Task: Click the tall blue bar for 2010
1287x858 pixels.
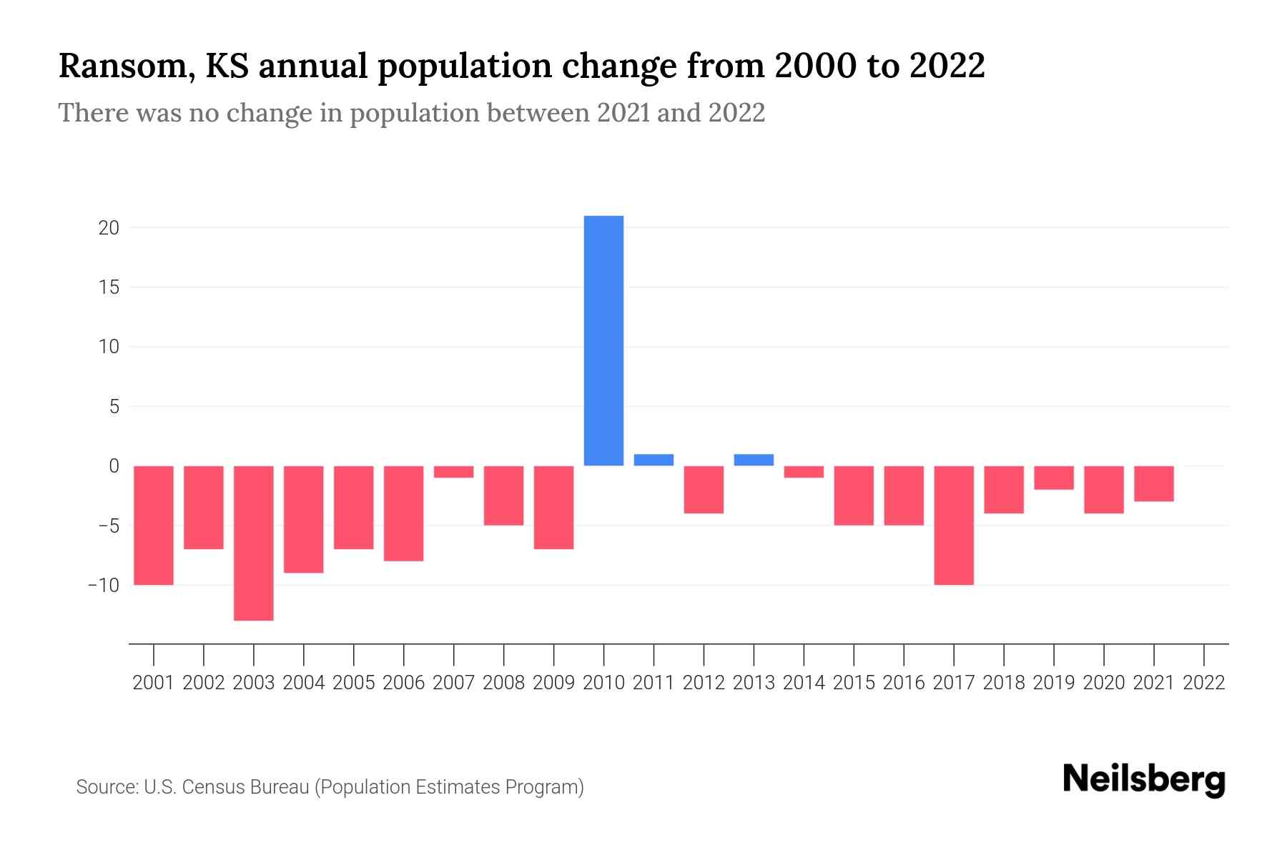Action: click(603, 340)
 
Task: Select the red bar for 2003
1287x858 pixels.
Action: click(254, 543)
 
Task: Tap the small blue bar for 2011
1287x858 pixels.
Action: click(654, 460)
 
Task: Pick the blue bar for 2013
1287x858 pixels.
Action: click(754, 460)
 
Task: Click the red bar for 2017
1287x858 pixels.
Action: click(954, 526)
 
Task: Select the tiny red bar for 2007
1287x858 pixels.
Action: click(453, 472)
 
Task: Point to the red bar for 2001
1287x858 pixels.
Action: click(154, 526)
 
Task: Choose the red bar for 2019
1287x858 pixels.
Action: click(1054, 478)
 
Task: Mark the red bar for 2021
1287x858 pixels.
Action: click(1153, 484)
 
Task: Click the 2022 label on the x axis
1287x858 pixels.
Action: click(1204, 683)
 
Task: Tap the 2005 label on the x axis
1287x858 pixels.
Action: click(354, 683)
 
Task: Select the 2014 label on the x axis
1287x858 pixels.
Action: click(804, 683)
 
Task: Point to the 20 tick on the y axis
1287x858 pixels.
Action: click(109, 228)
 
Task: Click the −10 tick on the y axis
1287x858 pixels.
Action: click(104, 585)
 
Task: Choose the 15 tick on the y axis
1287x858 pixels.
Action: click(109, 287)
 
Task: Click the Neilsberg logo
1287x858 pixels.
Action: click(1144, 781)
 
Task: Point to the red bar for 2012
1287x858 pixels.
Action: click(704, 490)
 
